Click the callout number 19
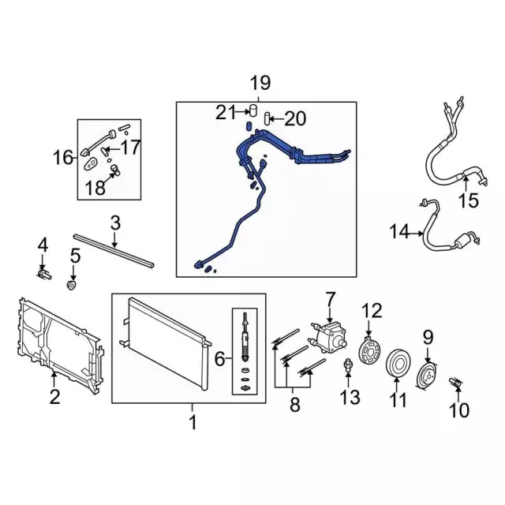click(x=260, y=83)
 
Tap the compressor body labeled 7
click(x=328, y=336)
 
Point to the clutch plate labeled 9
click(x=427, y=376)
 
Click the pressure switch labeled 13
click(x=348, y=365)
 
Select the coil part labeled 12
click(x=369, y=350)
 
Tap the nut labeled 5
click(x=71, y=285)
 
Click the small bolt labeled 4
click(x=44, y=275)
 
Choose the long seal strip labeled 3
click(x=114, y=251)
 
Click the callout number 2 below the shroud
click(x=54, y=396)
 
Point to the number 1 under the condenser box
click(x=193, y=422)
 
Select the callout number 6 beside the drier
click(x=219, y=359)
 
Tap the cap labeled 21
click(x=253, y=110)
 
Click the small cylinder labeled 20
click(x=267, y=118)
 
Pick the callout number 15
click(x=469, y=200)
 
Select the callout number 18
click(x=95, y=188)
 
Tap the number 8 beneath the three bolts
click(x=295, y=405)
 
